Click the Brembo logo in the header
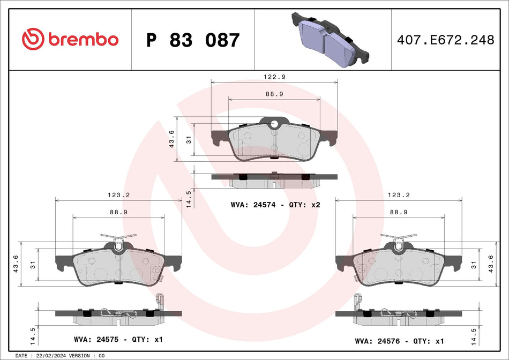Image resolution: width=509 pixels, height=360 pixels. pyautogui.click(x=70, y=40)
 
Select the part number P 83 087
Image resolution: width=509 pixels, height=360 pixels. pyautogui.click(x=193, y=40)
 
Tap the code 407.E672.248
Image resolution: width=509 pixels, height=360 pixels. pyautogui.click(x=445, y=40)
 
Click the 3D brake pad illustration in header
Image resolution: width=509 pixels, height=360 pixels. pyautogui.click(x=330, y=40)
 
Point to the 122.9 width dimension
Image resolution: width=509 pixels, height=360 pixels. pyautogui.click(x=274, y=77)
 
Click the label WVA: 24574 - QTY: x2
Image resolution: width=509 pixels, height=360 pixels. pyautogui.click(x=275, y=205)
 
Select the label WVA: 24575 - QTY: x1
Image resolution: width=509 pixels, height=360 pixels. pyautogui.click(x=118, y=340)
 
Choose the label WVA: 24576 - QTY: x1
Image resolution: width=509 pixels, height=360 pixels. pyautogui.click(x=399, y=340)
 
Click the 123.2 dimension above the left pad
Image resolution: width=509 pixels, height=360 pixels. pyautogui.click(x=119, y=196)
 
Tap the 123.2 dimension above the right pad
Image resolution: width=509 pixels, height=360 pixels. pyautogui.click(x=399, y=196)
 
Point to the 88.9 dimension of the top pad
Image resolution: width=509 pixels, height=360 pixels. pyautogui.click(x=274, y=94)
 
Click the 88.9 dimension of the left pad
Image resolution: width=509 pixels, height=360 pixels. pyautogui.click(x=119, y=212)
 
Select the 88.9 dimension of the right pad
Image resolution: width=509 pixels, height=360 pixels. pyautogui.click(x=399, y=212)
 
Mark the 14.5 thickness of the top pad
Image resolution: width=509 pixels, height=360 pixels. pyautogui.click(x=188, y=198)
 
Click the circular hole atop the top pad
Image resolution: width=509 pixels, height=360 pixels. pyautogui.click(x=274, y=125)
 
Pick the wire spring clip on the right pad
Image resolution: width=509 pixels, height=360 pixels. pyautogui.click(x=399, y=237)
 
